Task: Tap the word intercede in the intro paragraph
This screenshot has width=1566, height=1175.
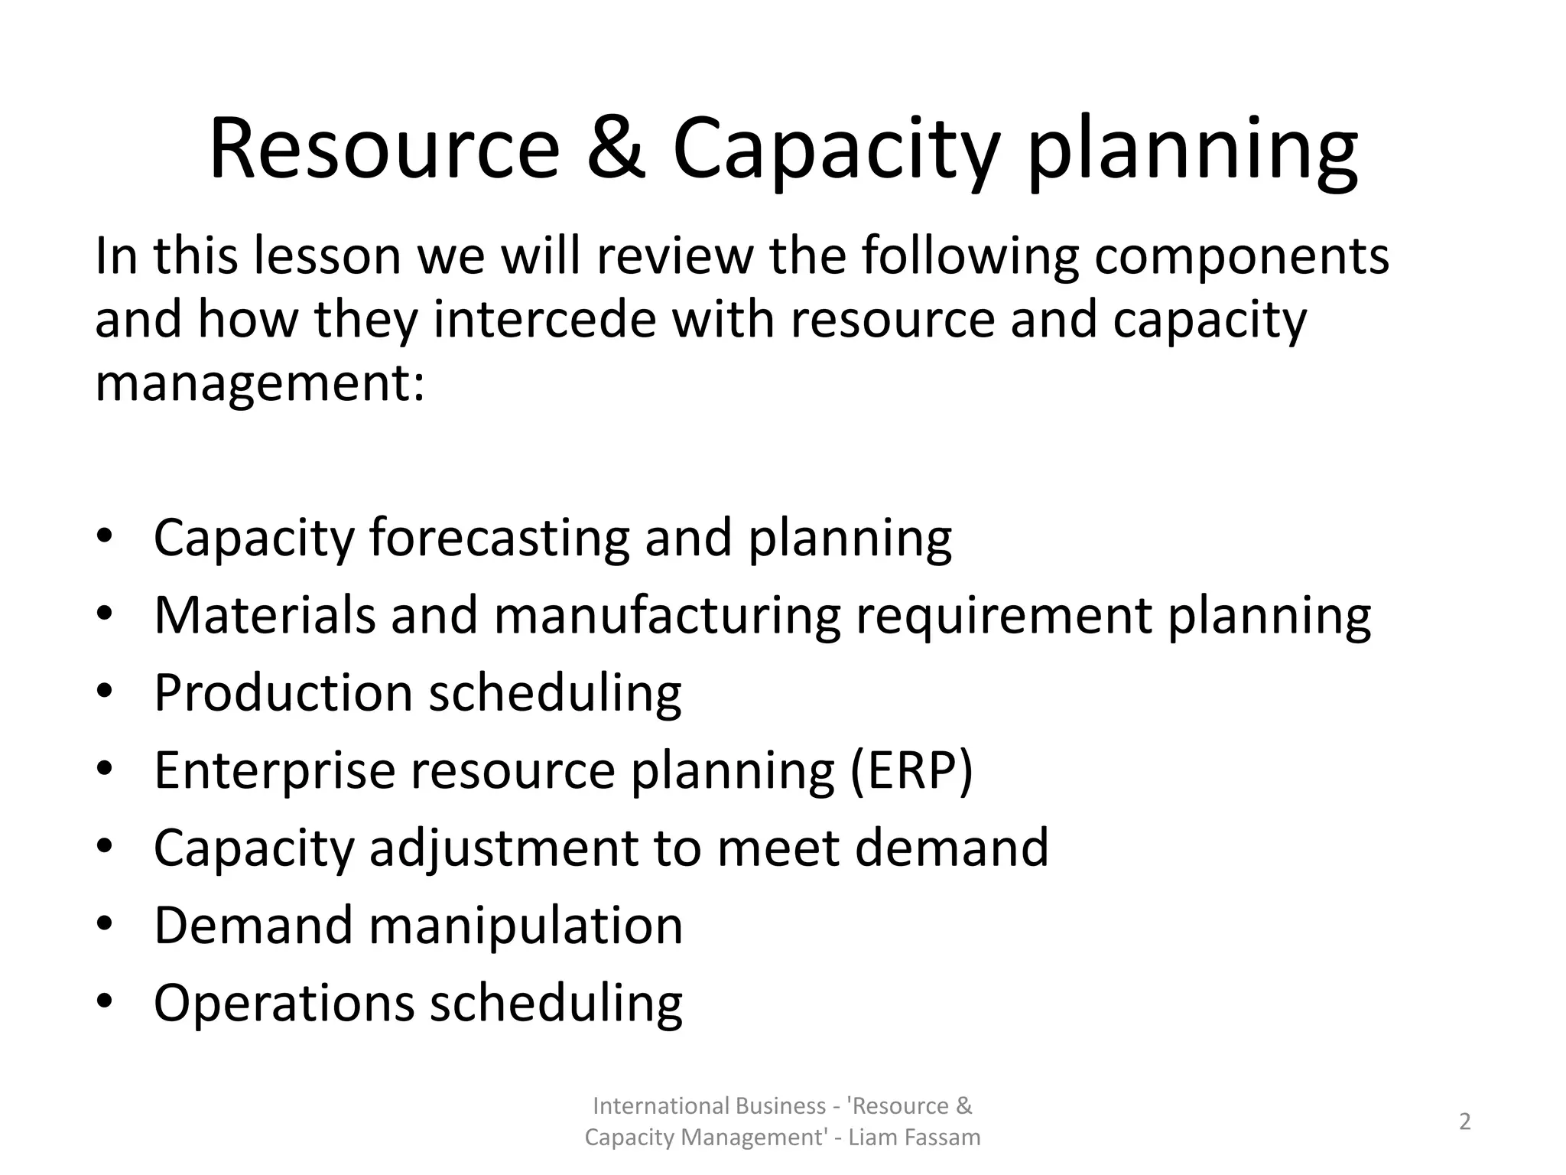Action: (x=544, y=320)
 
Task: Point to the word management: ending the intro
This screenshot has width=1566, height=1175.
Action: (x=259, y=384)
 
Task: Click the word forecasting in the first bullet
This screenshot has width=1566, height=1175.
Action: (x=499, y=537)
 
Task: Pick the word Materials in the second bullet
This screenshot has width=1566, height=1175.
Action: (x=265, y=615)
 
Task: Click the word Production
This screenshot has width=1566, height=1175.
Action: (x=283, y=693)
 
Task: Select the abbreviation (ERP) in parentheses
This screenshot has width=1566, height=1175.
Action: (x=911, y=770)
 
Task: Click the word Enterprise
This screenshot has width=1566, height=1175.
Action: (x=275, y=770)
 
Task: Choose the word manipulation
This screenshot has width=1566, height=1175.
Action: (x=526, y=926)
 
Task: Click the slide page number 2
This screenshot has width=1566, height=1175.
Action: (x=1464, y=1121)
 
